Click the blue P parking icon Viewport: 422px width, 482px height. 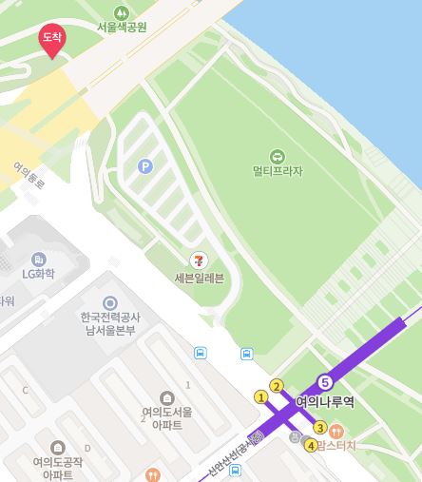pyautogui.click(x=145, y=165)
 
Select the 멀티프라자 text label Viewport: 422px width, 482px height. pyautogui.click(x=277, y=172)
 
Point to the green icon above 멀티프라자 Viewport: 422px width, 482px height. pyautogui.click(x=277, y=156)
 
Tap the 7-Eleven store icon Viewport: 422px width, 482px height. pyautogui.click(x=199, y=259)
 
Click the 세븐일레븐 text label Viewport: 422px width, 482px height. pyautogui.click(x=199, y=279)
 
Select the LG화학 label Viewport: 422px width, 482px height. pyautogui.click(x=39, y=274)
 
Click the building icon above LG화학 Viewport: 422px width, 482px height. pyautogui.click(x=39, y=258)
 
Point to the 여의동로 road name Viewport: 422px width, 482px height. pyautogui.click(x=28, y=174)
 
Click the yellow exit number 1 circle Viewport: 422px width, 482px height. pyautogui.click(x=261, y=396)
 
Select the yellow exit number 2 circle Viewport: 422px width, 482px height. pyautogui.click(x=277, y=386)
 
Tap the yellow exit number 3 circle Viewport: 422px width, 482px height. pyautogui.click(x=320, y=427)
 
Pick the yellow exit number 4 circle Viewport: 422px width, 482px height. pyautogui.click(x=310, y=446)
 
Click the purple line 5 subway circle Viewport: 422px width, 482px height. pyautogui.click(x=325, y=381)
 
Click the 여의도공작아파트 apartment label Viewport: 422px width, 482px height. pyautogui.click(x=58, y=468)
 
